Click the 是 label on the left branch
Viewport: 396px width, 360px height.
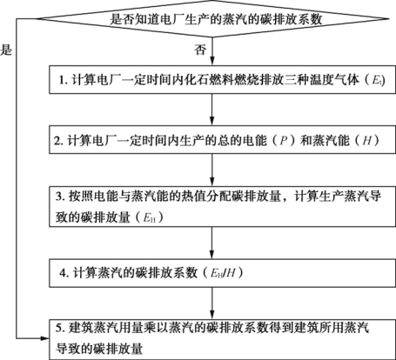(6, 50)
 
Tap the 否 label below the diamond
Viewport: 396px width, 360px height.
(200, 50)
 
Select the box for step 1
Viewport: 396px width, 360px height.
(222, 79)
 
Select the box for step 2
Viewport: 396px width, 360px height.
(222, 139)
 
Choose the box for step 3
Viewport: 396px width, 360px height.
(222, 206)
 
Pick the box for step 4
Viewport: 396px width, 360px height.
(222, 273)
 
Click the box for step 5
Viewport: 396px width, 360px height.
(222, 339)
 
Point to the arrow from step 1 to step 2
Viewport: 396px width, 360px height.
(212, 110)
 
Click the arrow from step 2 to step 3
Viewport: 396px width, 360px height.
(212, 170)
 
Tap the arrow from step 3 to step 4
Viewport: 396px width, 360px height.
(212, 243)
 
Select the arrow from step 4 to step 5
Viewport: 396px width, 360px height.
(212, 303)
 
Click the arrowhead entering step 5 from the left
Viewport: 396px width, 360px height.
(45, 338)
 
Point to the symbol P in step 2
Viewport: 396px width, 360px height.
(283, 141)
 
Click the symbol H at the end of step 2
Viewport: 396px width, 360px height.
(367, 141)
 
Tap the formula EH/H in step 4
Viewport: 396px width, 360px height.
(223, 273)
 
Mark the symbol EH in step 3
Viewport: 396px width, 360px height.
(150, 218)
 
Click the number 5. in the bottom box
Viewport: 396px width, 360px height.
(60, 329)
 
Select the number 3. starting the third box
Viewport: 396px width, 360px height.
(60, 197)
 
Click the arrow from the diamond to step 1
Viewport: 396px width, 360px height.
(212, 51)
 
